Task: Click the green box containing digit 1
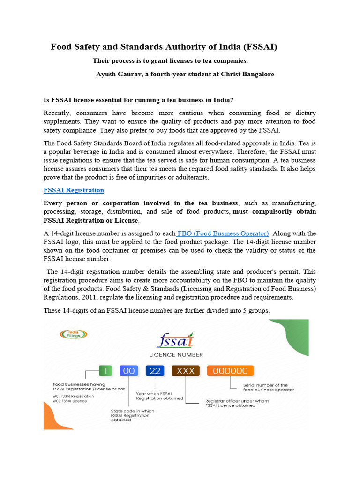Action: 106,371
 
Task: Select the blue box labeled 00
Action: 129,371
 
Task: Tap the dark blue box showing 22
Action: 155,371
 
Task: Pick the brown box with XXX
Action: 186,371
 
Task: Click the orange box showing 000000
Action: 230,371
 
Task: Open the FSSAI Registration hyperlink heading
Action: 74,190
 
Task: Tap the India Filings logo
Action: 73,334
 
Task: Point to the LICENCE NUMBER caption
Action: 176,354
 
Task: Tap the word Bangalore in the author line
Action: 255,74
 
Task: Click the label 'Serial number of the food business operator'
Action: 269,387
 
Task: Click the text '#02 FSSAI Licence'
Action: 70,401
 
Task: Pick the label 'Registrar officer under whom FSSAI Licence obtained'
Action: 230,403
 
